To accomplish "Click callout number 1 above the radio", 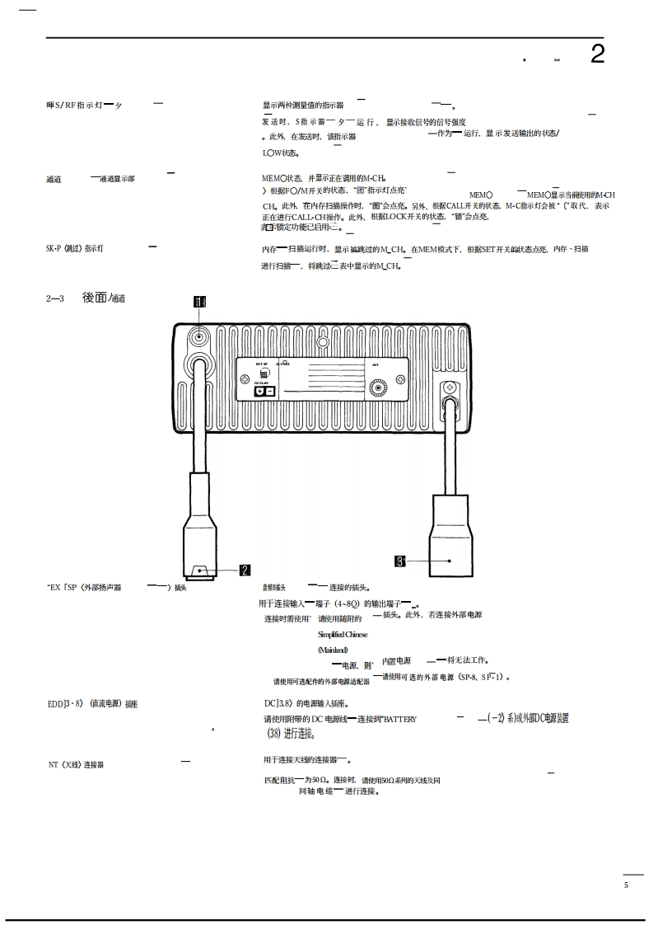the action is coord(198,302).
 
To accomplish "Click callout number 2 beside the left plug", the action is coord(245,570).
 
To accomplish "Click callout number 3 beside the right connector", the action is coord(400,561).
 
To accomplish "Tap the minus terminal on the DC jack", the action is coord(270,392).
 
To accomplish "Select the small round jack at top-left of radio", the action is coord(198,336).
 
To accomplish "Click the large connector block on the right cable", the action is coord(450,537).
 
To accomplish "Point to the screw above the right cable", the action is coord(450,388).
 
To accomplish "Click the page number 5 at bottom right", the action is coord(626,885).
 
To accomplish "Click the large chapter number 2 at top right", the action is coord(598,54).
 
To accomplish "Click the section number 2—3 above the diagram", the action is coord(56,298).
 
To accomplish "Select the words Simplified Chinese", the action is coord(343,635).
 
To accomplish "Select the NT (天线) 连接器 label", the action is coord(76,765).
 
